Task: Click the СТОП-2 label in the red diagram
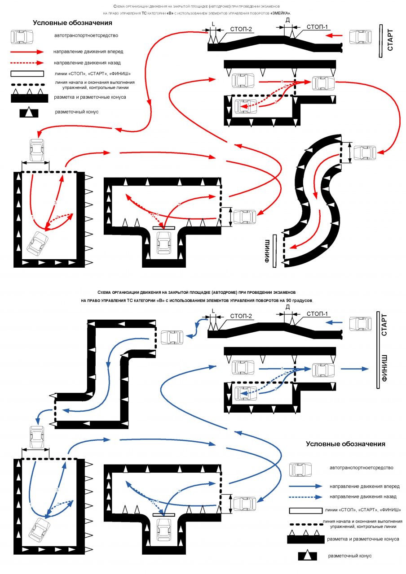tap(241, 29)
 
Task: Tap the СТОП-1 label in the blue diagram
tap(317, 314)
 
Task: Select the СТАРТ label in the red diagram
tap(390, 40)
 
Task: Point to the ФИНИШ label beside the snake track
tap(267, 251)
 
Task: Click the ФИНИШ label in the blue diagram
tap(384, 368)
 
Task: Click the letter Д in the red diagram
tap(288, 20)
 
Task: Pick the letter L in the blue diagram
tap(213, 311)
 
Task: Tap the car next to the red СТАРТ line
tap(360, 37)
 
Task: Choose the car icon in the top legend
tap(22, 37)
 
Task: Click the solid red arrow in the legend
tap(27, 52)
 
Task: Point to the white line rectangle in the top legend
tap(27, 74)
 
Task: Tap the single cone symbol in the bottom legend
tap(307, 556)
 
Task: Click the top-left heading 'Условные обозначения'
tap(72, 23)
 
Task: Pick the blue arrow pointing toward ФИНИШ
tap(355, 369)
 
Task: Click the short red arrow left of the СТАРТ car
tap(334, 35)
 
